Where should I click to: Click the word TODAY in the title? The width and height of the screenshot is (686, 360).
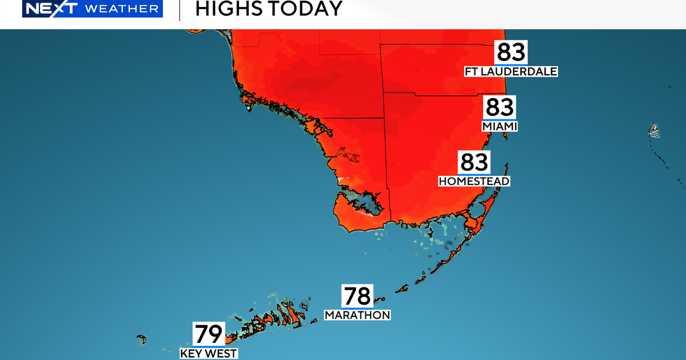click(x=306, y=9)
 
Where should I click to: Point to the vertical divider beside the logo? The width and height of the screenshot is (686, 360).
click(x=180, y=10)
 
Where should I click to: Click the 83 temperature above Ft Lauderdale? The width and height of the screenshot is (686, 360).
click(x=510, y=53)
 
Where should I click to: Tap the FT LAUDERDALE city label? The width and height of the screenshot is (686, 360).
click(x=510, y=71)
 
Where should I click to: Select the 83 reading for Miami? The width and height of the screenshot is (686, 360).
click(x=500, y=107)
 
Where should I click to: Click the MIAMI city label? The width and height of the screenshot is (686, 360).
click(x=500, y=126)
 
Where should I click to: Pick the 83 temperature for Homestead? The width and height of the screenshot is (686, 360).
click(x=474, y=162)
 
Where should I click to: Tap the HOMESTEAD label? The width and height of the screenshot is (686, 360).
click(x=474, y=181)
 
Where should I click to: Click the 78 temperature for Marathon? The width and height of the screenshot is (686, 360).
click(x=357, y=297)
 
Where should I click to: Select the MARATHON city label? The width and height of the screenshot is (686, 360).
click(x=357, y=315)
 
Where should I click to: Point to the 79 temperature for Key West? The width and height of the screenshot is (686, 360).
click(x=209, y=334)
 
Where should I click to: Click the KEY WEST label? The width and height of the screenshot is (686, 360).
click(x=209, y=353)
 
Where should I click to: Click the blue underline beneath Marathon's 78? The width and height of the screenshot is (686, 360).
click(x=357, y=308)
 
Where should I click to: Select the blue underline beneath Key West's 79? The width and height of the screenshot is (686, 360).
click(x=209, y=346)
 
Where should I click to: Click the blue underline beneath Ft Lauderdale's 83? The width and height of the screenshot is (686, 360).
click(x=510, y=65)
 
